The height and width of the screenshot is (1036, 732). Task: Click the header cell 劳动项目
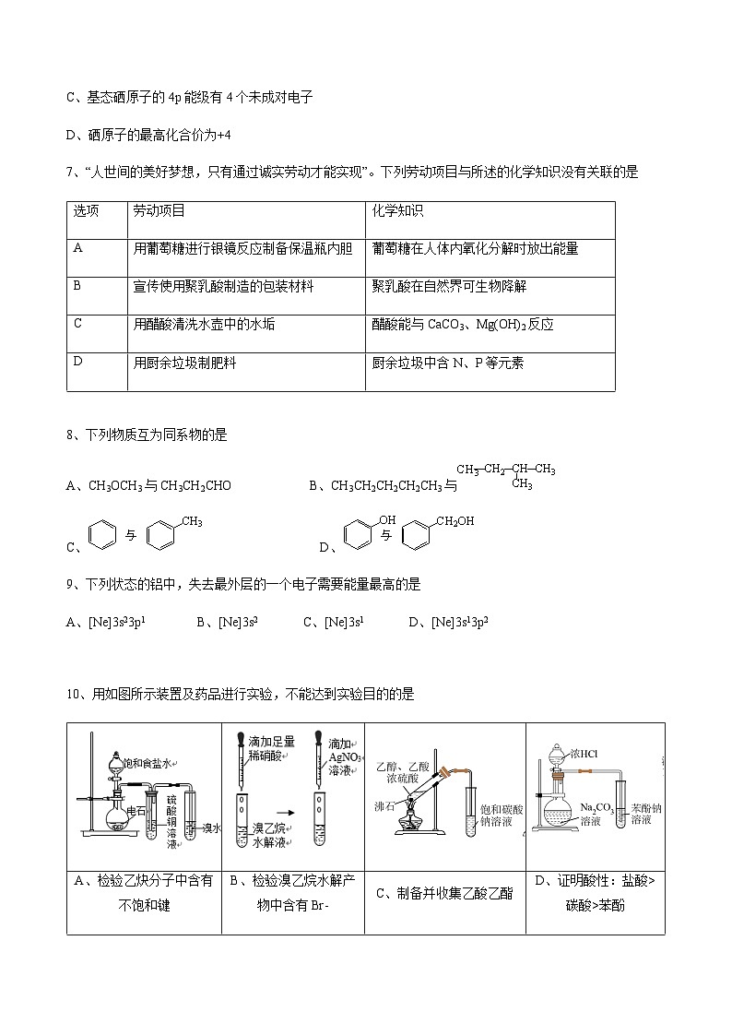pyautogui.click(x=159, y=211)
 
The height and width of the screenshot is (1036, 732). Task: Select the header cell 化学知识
pyautogui.click(x=397, y=211)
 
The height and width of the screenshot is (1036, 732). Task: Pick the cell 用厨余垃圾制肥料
pyautogui.click(x=184, y=363)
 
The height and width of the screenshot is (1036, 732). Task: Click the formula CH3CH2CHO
pyautogui.click(x=195, y=486)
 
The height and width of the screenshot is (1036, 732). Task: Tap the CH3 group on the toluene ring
pyautogui.click(x=191, y=522)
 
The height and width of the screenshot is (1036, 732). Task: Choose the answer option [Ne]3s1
pyautogui.click(x=344, y=623)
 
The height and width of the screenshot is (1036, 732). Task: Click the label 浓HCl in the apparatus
pyautogui.click(x=584, y=754)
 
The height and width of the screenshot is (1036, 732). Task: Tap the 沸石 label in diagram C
pyautogui.click(x=384, y=805)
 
